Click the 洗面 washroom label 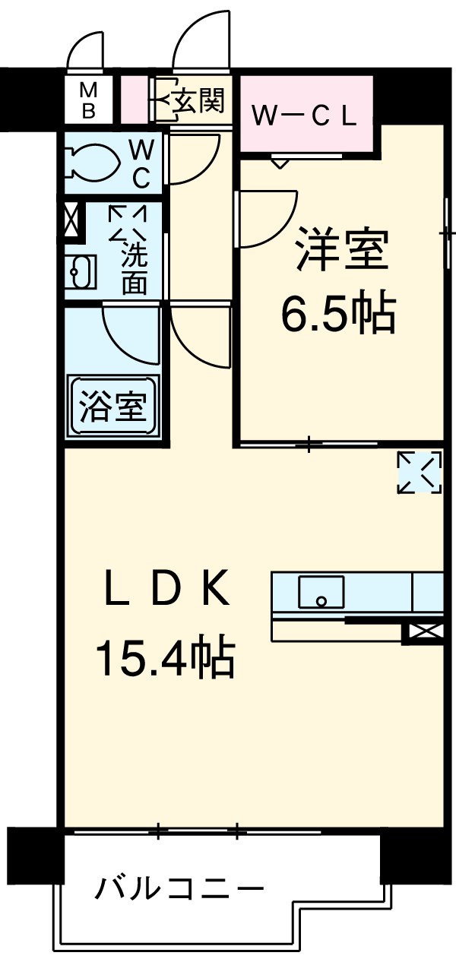coord(135,271)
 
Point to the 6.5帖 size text coord(338,314)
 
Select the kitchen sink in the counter coord(320,592)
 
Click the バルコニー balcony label coord(179,888)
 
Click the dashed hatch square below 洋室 coord(420,472)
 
